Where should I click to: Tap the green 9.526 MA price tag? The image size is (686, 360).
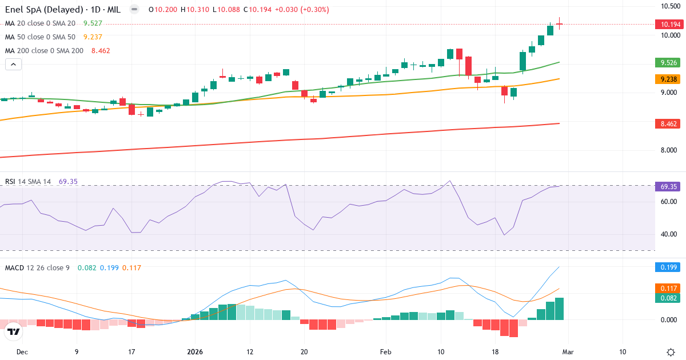point(667,62)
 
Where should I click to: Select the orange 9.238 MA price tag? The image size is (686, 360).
point(667,79)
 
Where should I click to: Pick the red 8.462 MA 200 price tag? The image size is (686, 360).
point(667,123)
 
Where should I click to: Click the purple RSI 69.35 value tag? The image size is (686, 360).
point(667,186)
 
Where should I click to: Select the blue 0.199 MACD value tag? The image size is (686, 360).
point(667,267)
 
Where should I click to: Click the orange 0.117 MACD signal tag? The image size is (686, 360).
point(667,289)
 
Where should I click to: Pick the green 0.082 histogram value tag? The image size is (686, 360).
point(667,298)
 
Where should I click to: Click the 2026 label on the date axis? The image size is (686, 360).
point(196,352)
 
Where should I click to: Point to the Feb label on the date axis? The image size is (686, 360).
point(386,352)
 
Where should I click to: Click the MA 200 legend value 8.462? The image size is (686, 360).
point(100,50)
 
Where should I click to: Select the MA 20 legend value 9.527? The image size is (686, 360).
point(93,23)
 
